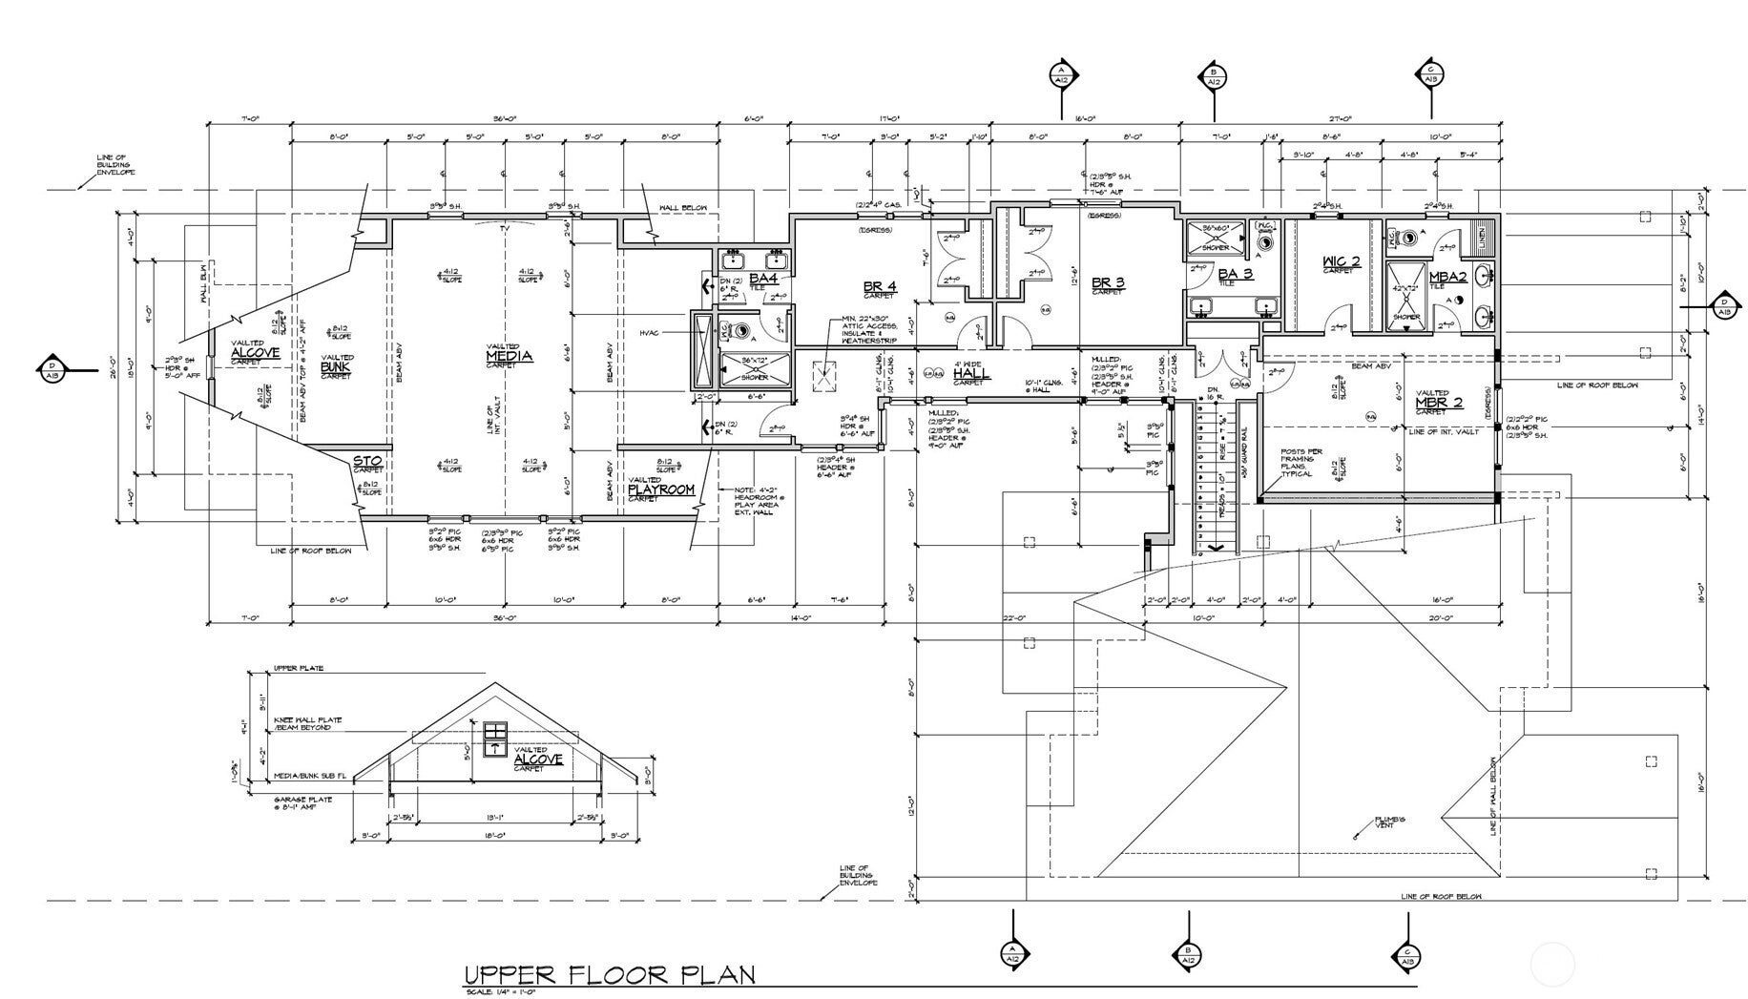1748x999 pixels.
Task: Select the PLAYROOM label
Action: [x=661, y=489]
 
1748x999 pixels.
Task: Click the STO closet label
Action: [x=367, y=462]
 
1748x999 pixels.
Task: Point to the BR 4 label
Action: [x=879, y=286]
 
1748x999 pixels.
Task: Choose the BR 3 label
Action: [x=1107, y=282]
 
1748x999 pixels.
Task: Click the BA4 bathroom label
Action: [x=762, y=278]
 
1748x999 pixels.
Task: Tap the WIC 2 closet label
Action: [x=1341, y=262]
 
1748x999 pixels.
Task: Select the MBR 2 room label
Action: [x=1439, y=403]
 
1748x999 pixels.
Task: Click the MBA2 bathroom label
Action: [x=1447, y=278]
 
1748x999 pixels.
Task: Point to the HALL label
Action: [x=971, y=374]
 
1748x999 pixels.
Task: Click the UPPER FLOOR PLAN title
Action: [x=609, y=975]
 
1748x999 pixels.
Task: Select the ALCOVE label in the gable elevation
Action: [x=538, y=760]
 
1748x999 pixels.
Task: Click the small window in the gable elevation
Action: [x=494, y=739]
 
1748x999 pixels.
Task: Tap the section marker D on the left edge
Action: [x=51, y=369]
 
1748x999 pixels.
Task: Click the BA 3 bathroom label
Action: [x=1234, y=275]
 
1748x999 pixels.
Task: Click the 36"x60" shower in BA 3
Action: [x=1215, y=237]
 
